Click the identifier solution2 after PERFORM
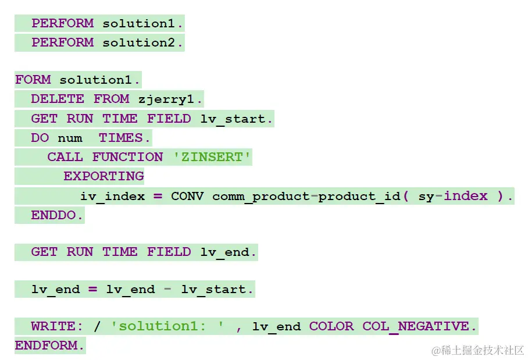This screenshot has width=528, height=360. click(x=142, y=42)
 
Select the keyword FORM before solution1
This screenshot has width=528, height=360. click(x=33, y=80)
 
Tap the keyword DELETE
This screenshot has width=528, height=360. click(x=57, y=99)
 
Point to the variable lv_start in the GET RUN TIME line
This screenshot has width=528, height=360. click(x=236, y=119)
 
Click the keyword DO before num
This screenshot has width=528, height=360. click(x=40, y=138)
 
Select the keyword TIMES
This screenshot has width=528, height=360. click(x=124, y=138)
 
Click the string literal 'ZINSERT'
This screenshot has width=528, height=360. click(x=212, y=157)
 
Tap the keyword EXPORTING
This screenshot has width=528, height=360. click(x=104, y=176)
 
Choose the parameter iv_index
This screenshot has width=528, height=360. click(x=112, y=196)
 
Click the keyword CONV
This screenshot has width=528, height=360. click(x=187, y=196)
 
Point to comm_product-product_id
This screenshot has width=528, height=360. click(x=306, y=196)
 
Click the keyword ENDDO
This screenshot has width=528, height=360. click(x=57, y=215)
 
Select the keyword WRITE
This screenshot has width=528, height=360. click(x=53, y=326)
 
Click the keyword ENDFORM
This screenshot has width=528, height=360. click(x=49, y=345)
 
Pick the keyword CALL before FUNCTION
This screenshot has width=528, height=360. click(x=65, y=157)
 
